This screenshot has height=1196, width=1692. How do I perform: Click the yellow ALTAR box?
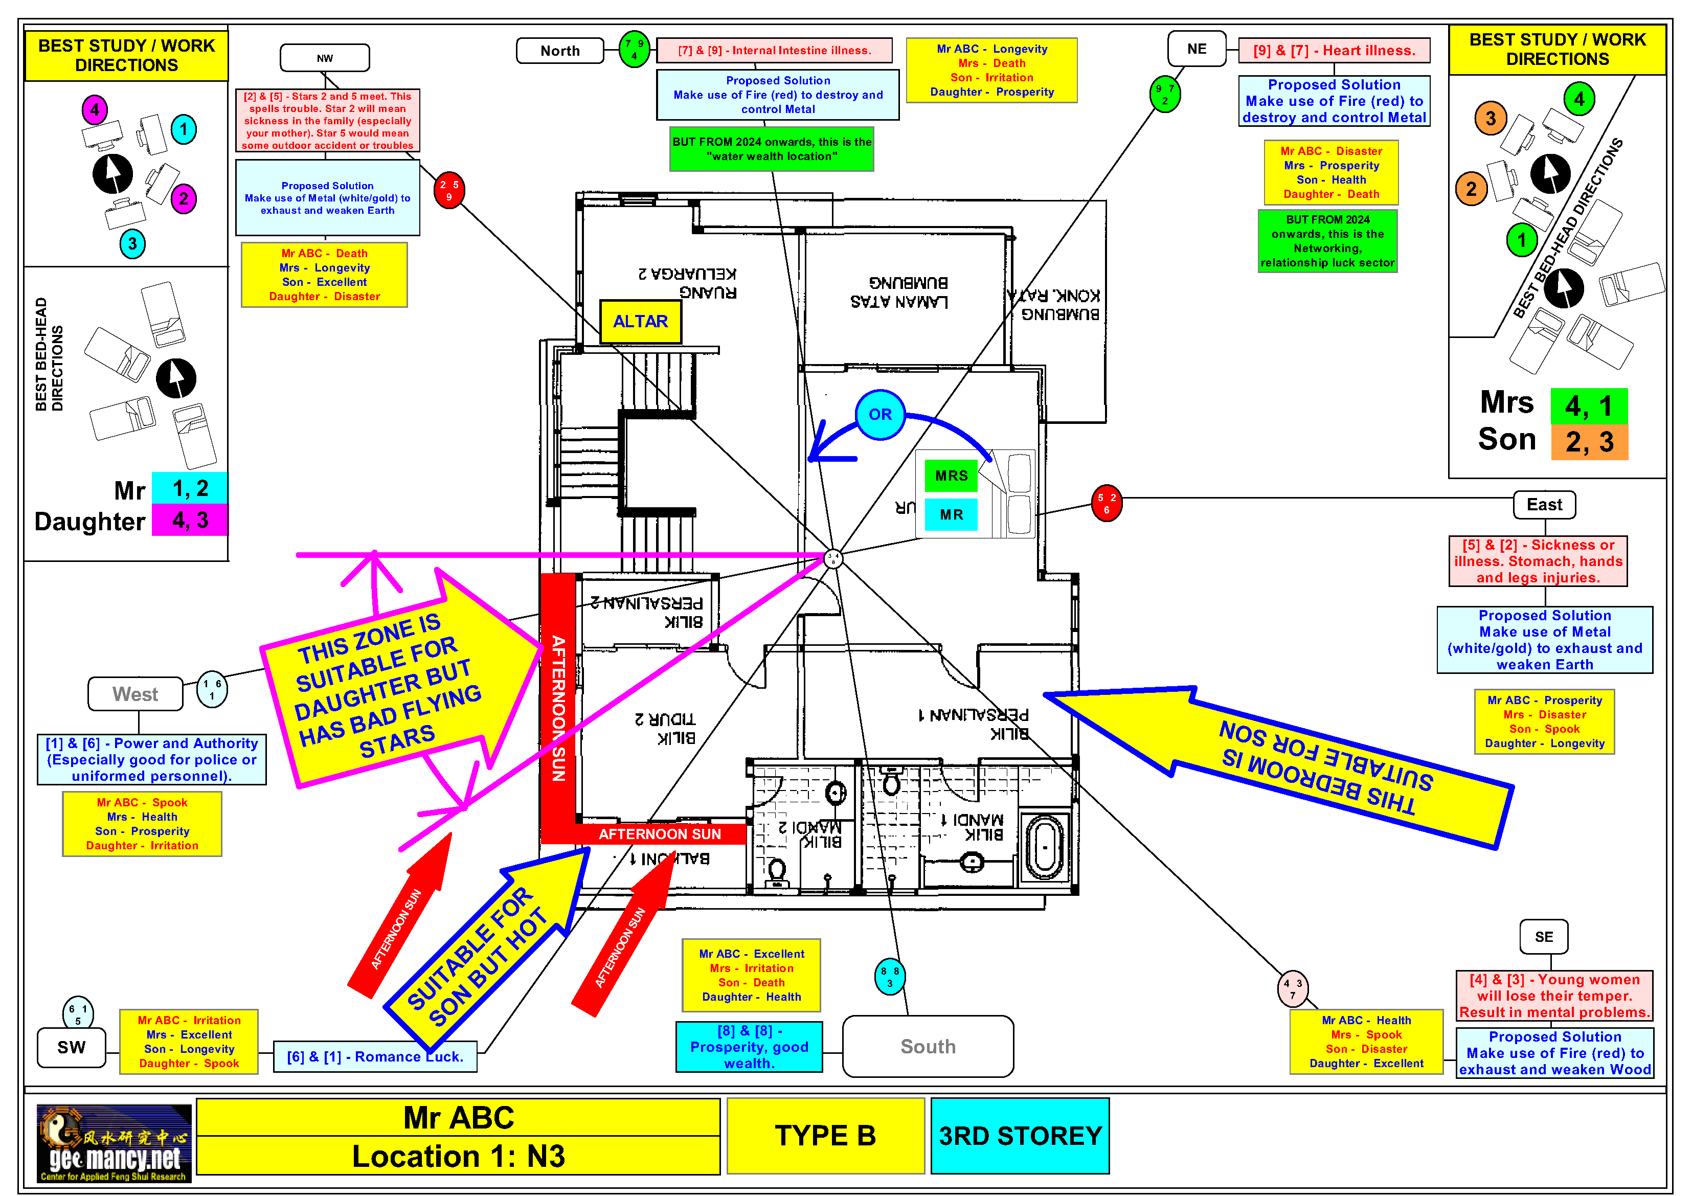tap(640, 321)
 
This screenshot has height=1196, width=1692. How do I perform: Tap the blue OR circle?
tap(880, 414)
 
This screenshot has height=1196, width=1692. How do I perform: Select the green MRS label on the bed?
tap(951, 476)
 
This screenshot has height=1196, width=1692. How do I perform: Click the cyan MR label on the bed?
tap(951, 514)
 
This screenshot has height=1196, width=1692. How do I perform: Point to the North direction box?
tap(560, 51)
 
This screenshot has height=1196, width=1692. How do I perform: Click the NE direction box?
tap(1196, 49)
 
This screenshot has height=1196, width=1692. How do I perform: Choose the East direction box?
tap(1544, 505)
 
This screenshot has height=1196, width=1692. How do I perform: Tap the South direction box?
tap(927, 1046)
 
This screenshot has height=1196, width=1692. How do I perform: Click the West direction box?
tap(135, 693)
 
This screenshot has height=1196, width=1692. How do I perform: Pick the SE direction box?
tap(1543, 937)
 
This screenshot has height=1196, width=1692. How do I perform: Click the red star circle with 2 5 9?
tap(449, 191)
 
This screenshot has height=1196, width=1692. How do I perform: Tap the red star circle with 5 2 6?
tap(1106, 503)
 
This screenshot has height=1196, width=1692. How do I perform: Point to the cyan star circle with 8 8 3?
tap(890, 977)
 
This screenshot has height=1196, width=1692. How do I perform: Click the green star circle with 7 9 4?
tap(634, 50)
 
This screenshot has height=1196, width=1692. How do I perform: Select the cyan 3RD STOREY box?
tap(1019, 1136)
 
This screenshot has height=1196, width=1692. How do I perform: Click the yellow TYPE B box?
tap(825, 1136)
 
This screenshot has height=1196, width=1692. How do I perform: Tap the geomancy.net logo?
tap(114, 1143)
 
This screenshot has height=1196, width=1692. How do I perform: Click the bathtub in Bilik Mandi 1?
tap(1044, 847)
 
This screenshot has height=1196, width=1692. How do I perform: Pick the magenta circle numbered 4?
tap(94, 110)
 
